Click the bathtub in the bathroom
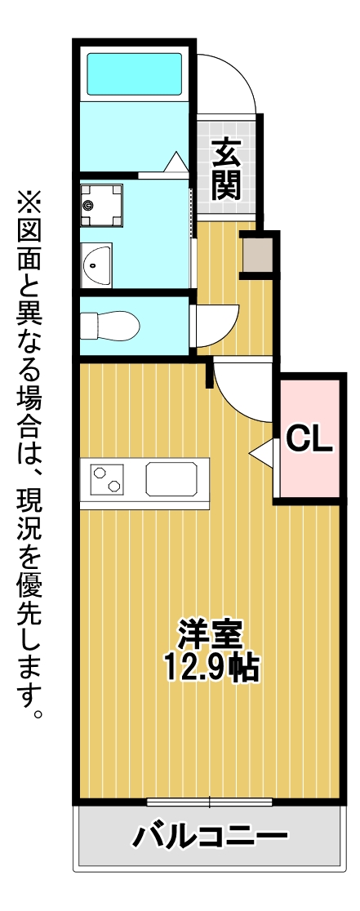coord(134,73)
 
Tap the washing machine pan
coord(101,206)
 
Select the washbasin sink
coord(96,265)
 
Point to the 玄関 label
coord(226,168)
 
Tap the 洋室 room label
coord(210,636)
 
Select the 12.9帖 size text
coord(210,668)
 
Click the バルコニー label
coord(210,837)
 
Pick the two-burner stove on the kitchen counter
coord(107,479)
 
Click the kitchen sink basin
coord(171,478)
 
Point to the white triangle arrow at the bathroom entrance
coord(176,162)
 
